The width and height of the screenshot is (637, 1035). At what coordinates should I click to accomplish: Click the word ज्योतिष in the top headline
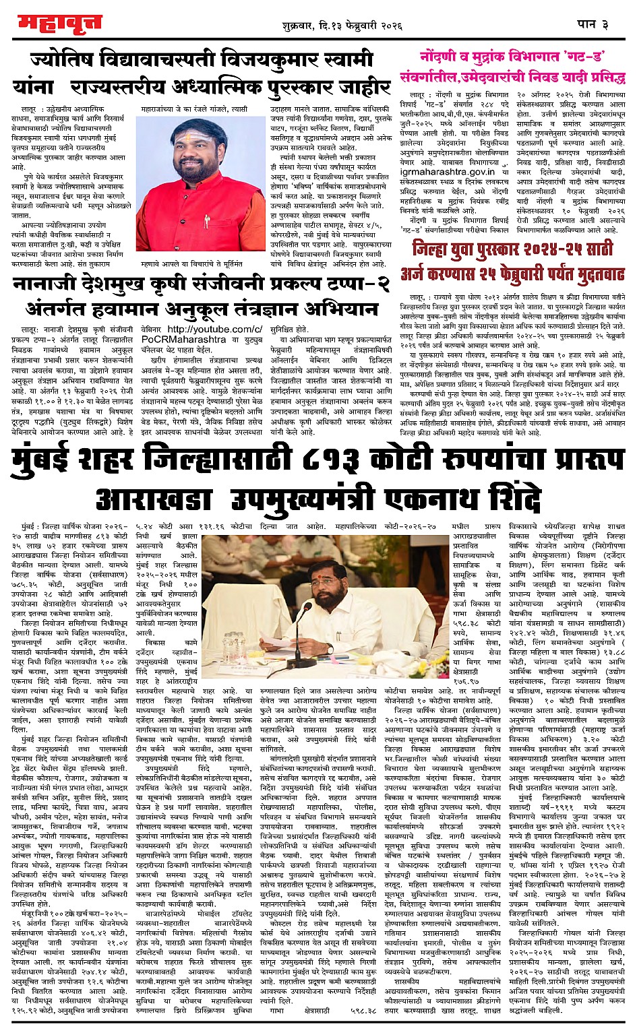pyautogui.click(x=63, y=61)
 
